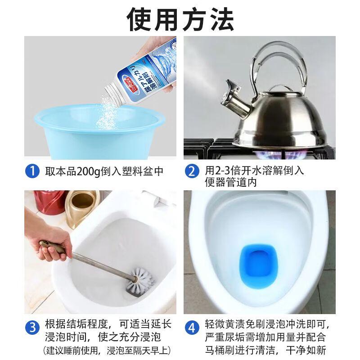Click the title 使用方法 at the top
point(180,19)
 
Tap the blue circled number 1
point(32,171)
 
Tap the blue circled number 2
point(192,171)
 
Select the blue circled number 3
point(32,327)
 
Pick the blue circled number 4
point(192,327)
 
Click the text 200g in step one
point(88,171)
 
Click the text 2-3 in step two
point(222,171)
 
